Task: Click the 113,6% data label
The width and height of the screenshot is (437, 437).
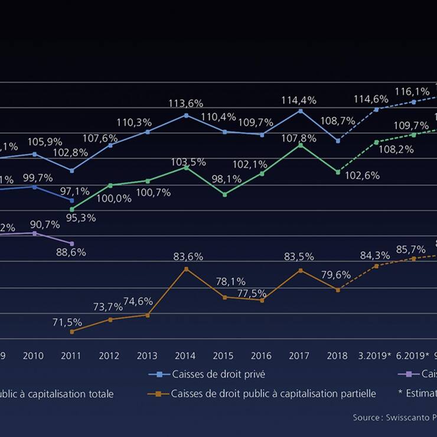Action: click(x=186, y=103)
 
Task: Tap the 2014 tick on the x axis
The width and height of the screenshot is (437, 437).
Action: click(x=185, y=356)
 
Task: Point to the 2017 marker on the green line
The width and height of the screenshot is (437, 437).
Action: click(x=300, y=145)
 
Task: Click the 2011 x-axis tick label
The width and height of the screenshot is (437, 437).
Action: click(x=71, y=356)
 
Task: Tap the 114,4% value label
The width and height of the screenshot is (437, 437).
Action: click(x=299, y=100)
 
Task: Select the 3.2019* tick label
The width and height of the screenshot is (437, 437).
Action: click(x=375, y=356)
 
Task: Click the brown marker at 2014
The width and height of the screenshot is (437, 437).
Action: click(x=186, y=269)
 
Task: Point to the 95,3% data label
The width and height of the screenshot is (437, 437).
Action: click(x=81, y=218)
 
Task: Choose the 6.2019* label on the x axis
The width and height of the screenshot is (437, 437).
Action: click(x=412, y=356)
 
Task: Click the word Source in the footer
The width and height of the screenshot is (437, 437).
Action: click(x=367, y=418)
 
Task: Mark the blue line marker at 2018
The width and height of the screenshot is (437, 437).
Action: click(x=338, y=141)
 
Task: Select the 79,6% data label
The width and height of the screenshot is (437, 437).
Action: click(x=336, y=275)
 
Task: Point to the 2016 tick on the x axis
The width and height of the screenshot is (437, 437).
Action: click(x=261, y=356)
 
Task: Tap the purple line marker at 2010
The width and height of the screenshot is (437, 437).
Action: click(x=34, y=233)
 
